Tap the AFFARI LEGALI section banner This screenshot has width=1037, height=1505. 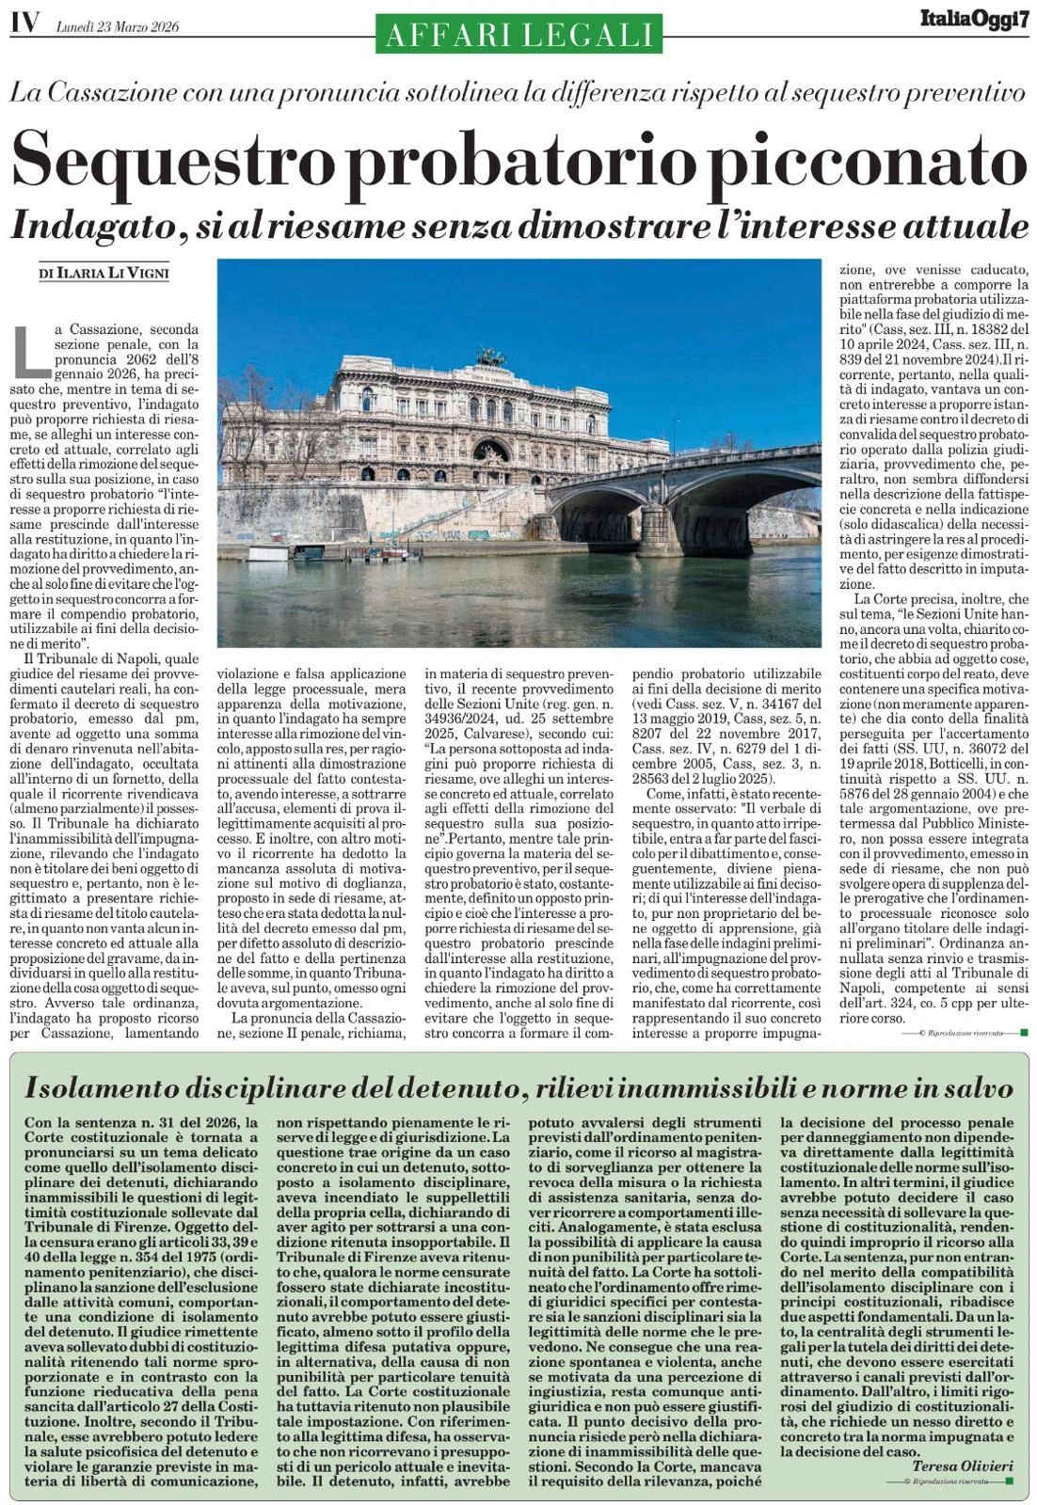(518, 34)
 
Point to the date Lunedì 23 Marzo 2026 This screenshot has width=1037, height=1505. (118, 26)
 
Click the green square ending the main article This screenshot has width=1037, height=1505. (1023, 1032)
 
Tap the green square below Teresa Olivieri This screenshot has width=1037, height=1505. (1009, 1481)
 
